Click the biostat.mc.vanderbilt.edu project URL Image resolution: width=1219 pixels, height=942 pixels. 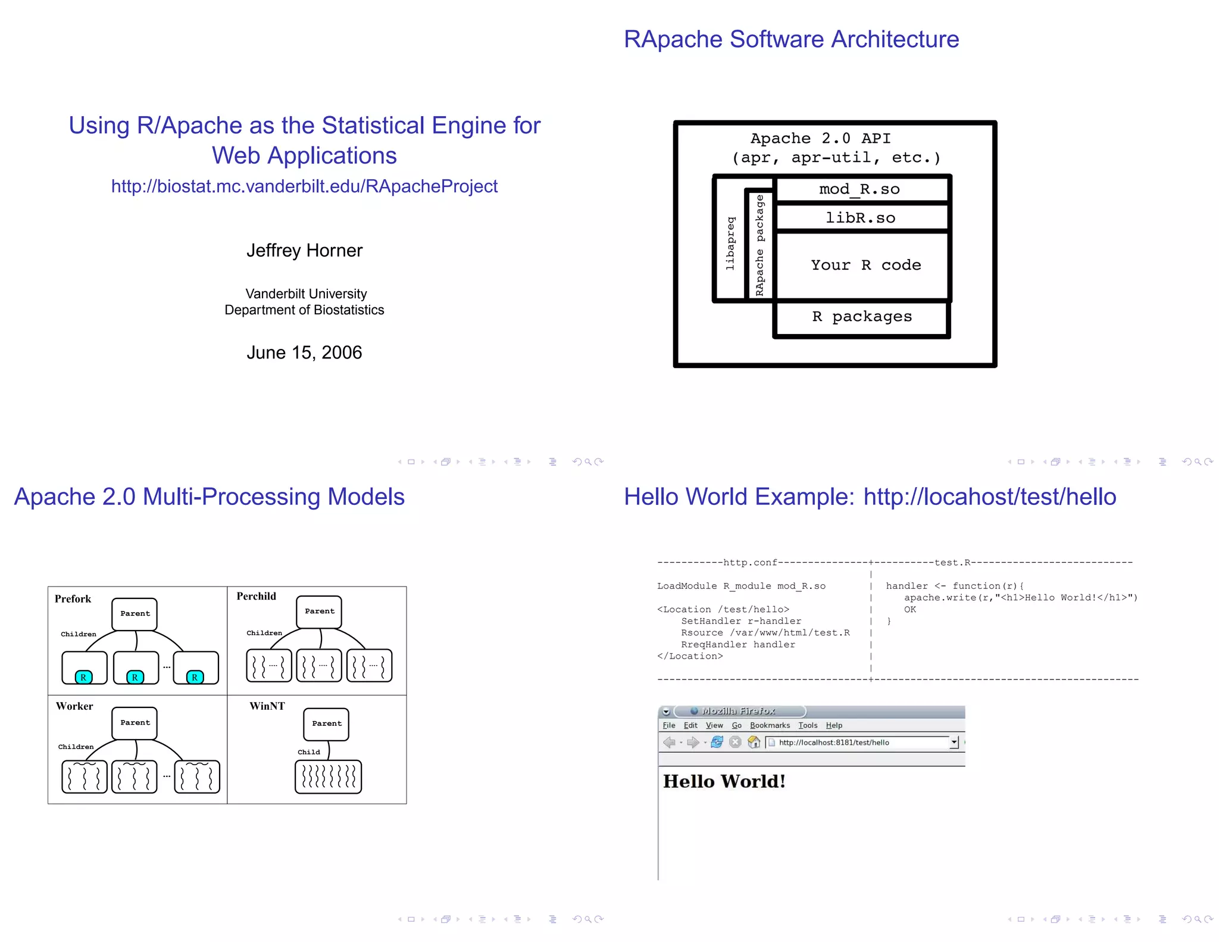tap(304, 186)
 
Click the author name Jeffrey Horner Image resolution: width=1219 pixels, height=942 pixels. tap(304, 251)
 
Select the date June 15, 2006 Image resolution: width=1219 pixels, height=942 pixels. tap(304, 353)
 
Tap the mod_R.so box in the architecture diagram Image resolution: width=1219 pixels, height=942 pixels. tap(859, 189)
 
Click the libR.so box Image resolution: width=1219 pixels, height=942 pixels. tap(860, 218)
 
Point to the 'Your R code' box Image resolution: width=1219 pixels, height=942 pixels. tap(865, 265)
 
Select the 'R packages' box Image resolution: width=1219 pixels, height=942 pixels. tap(862, 317)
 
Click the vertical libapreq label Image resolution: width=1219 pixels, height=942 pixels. tap(730, 244)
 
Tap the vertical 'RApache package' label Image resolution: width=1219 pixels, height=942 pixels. tap(759, 245)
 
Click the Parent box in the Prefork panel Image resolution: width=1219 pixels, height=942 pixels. tap(135, 614)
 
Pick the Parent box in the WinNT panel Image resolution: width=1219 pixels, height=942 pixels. tap(327, 724)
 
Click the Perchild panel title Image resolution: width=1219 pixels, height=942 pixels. tap(257, 596)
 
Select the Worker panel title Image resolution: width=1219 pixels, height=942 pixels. tap(74, 706)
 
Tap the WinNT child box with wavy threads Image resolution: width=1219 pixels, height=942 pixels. tap(328, 776)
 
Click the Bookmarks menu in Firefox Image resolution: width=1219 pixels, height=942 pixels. tap(770, 725)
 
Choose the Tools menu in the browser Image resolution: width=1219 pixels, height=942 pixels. tap(808, 725)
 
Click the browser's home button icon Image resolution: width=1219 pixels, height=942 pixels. tap(754, 742)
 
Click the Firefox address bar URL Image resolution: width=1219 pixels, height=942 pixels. tap(834, 743)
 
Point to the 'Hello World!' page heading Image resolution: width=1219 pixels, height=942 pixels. tap(724, 781)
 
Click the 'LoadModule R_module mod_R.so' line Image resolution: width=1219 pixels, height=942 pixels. tap(741, 586)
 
